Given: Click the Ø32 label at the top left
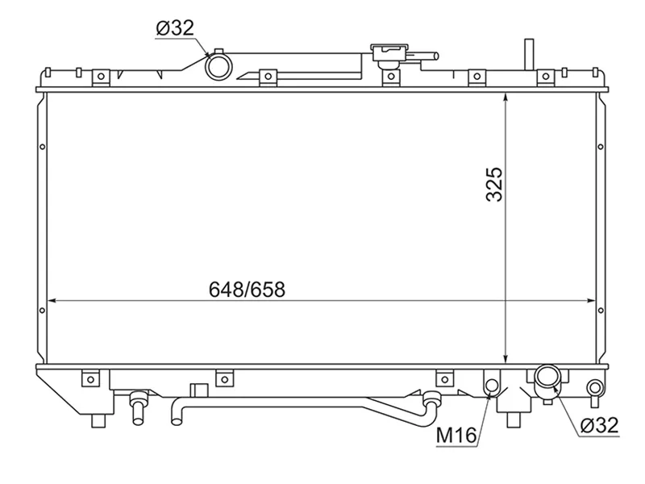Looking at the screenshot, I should (174, 28).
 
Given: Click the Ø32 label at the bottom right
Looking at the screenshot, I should (598, 425).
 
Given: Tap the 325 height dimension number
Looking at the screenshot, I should (494, 184).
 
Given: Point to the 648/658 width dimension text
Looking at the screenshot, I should (248, 289).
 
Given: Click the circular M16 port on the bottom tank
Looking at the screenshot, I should (491, 386).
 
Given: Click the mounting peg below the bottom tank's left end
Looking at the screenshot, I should (98, 420).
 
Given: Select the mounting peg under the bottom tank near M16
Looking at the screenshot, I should (513, 418).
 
